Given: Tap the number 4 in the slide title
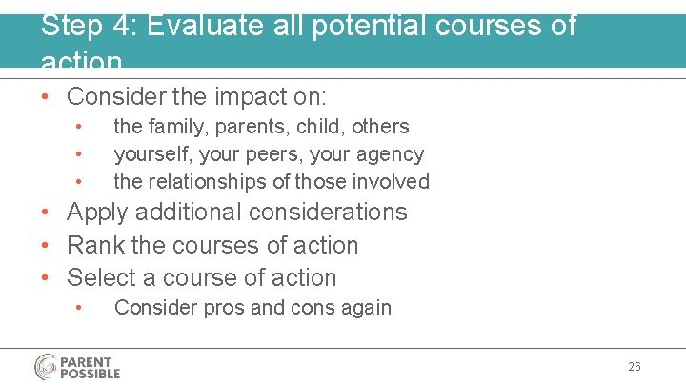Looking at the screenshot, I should pos(121,25).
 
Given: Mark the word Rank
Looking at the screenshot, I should pos(96,245).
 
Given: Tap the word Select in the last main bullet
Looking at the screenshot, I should pos(103,278).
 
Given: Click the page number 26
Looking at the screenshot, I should pos(635,367).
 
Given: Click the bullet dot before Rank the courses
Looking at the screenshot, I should pos(47,246).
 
